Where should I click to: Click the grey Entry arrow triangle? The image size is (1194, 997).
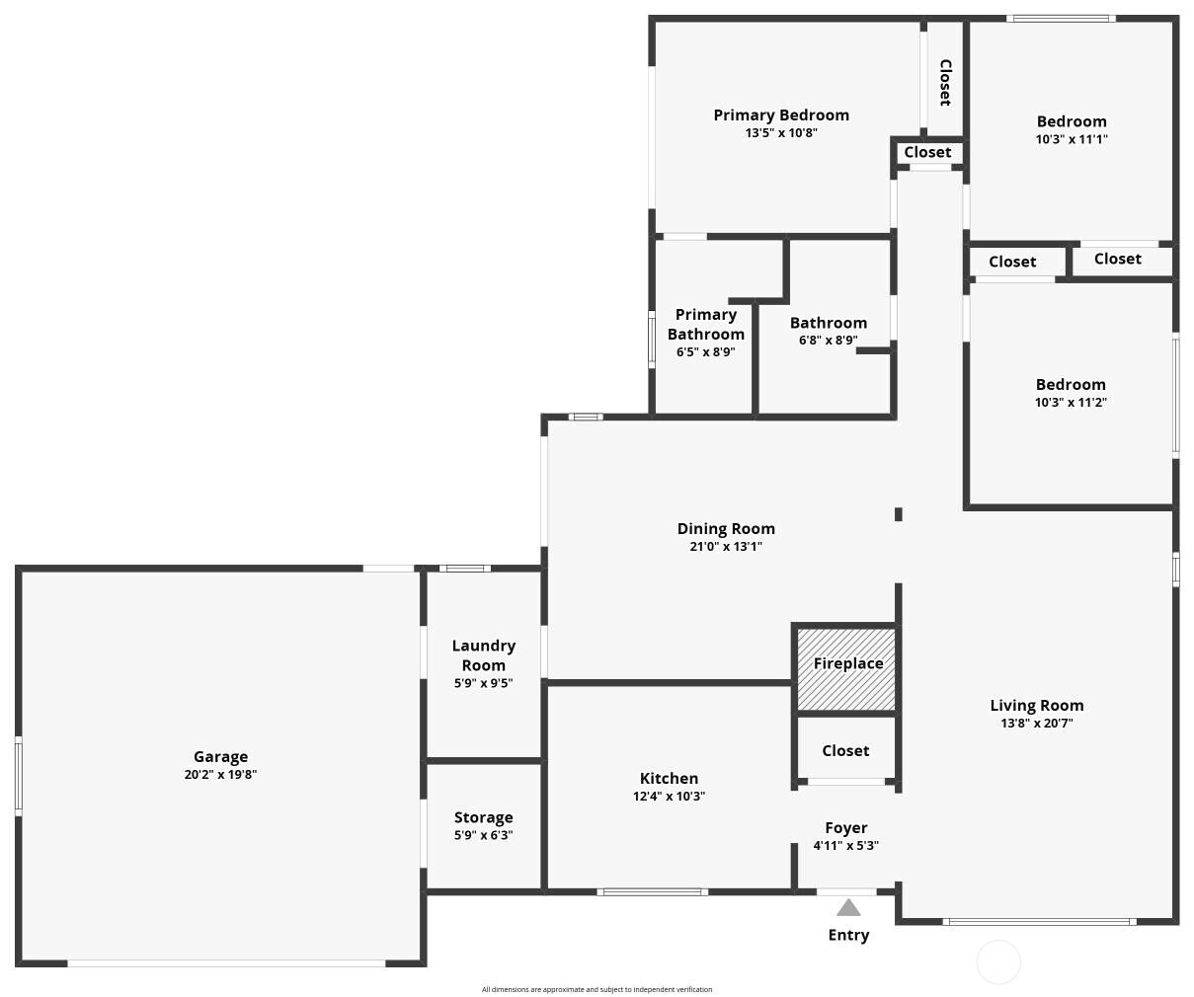(x=848, y=907)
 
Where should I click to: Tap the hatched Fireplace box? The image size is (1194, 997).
(x=845, y=669)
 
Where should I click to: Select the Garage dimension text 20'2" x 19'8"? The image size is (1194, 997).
(x=220, y=775)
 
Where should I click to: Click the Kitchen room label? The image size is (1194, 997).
(x=669, y=778)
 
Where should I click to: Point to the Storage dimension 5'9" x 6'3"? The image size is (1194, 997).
(x=483, y=835)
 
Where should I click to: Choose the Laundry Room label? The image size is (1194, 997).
(x=483, y=655)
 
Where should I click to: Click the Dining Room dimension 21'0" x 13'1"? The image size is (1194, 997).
(x=726, y=546)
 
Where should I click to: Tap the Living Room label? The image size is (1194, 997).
(x=1037, y=705)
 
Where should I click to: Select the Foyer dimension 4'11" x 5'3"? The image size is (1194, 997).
(x=845, y=845)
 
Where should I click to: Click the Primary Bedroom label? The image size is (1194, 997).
(x=781, y=115)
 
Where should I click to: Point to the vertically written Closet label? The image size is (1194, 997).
(x=945, y=82)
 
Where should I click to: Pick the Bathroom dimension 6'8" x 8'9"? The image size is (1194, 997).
(x=828, y=340)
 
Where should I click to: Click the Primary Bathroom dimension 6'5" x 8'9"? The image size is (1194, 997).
(x=706, y=351)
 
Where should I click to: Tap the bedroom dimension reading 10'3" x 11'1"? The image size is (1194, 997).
(x=1072, y=139)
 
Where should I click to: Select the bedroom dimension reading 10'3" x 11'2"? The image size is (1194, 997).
(x=1071, y=402)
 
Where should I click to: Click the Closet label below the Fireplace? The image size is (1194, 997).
(x=845, y=750)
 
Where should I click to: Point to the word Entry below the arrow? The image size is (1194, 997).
(x=848, y=935)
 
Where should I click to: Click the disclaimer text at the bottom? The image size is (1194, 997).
(x=597, y=989)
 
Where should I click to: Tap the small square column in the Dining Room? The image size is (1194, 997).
(x=899, y=514)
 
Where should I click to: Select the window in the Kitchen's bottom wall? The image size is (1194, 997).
(x=653, y=891)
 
